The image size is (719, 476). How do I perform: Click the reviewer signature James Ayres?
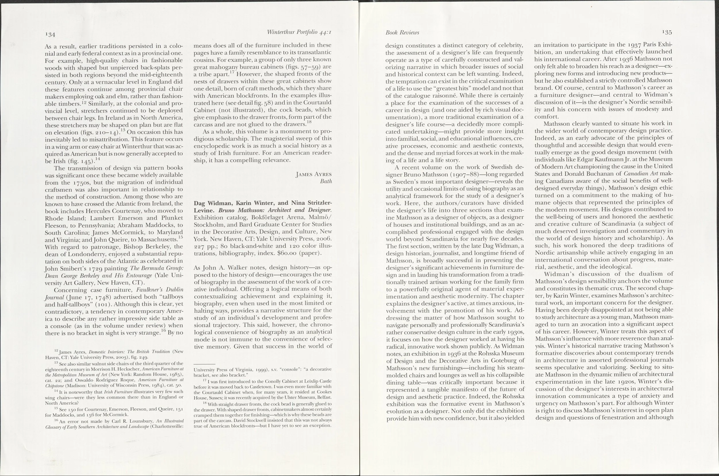[x=313, y=174]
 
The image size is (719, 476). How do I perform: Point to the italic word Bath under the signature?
[x=326, y=181]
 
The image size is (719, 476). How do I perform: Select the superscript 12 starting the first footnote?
[x=56, y=351]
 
